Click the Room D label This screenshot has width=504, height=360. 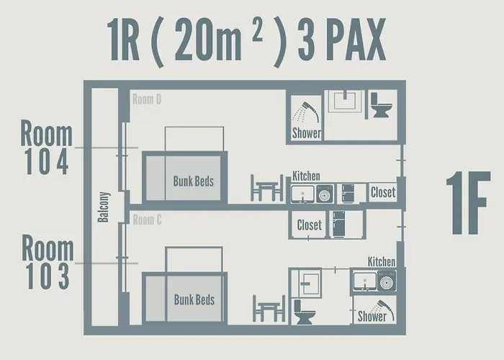pos(147,99)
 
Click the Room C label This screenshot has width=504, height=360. pos(147,220)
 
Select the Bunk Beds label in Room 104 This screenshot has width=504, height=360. pos(193,181)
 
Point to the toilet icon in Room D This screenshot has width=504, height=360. pos(380,105)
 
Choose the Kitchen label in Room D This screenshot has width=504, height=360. pos(306,176)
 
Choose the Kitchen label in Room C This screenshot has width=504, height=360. pos(381,261)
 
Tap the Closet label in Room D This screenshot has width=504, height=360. pos(382,193)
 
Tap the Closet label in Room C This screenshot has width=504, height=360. pos(310,225)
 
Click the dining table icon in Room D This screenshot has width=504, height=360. pos(267,189)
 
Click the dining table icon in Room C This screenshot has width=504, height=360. pos(269,308)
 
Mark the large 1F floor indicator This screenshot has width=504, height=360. pos(467,204)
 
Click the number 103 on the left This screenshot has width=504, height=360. pos(45,276)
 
